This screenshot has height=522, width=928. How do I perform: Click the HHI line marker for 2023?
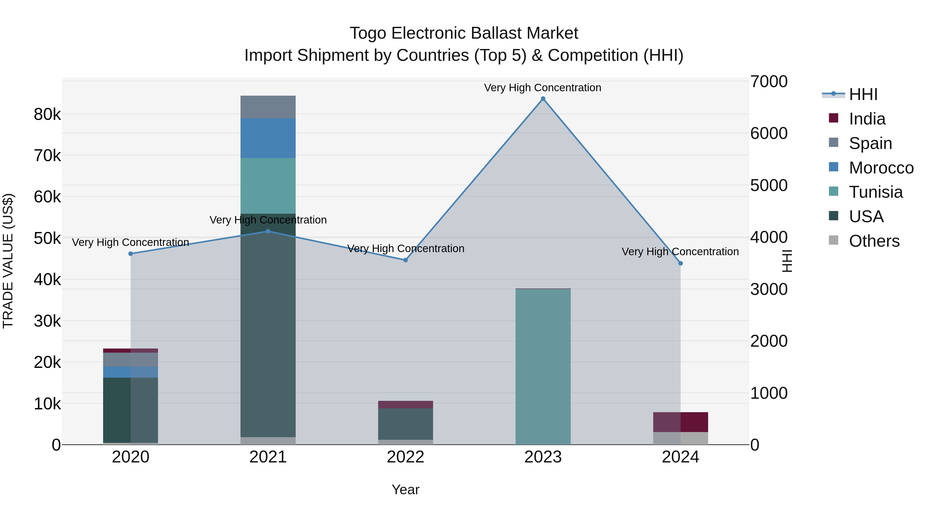coord(543,99)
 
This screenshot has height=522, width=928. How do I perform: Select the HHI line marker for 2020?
coord(131,254)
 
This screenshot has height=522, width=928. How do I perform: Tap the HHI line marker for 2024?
coord(681,263)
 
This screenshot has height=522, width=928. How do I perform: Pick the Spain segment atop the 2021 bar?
coord(268,107)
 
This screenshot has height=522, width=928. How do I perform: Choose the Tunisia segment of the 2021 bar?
coord(268,186)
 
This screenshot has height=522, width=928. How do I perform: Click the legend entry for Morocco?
coord(881,168)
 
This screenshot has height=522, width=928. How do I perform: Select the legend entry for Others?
coord(874,241)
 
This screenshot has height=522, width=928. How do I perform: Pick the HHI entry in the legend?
coord(863,94)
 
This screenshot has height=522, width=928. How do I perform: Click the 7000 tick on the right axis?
coord(769,81)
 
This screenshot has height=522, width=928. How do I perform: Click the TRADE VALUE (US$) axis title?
coord(8,261)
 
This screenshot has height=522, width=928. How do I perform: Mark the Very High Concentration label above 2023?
coord(543,88)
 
